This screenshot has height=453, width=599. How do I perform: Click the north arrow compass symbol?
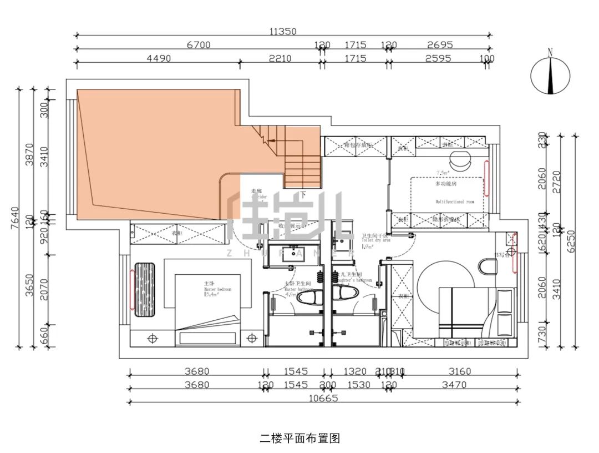point(550,74)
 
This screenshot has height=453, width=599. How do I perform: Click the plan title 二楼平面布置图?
point(299,438)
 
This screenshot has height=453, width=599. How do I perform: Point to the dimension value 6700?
point(197,45)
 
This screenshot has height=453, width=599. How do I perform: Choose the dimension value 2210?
point(281,58)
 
